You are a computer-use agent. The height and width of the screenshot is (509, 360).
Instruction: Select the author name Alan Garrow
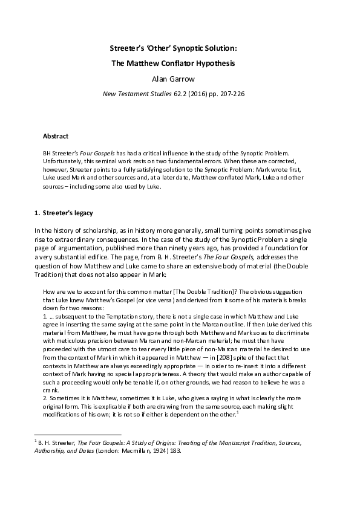[x=180, y=78]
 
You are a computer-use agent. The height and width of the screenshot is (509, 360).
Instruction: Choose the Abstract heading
[x=56, y=136]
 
